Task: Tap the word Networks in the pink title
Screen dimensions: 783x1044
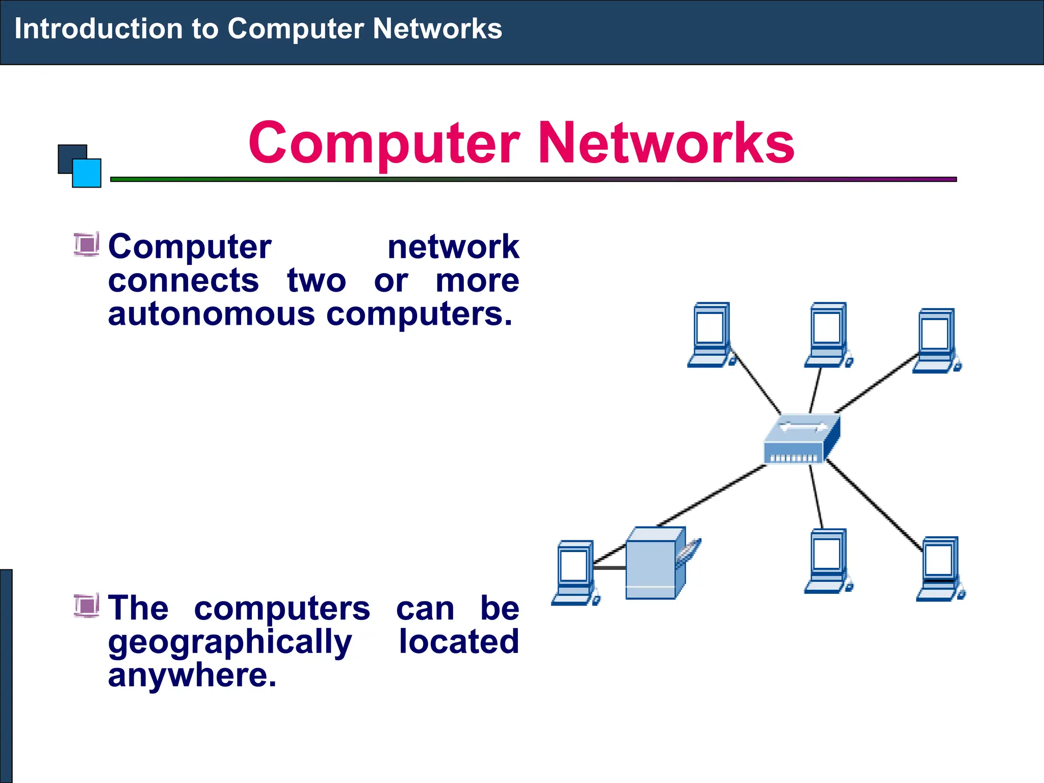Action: (666, 143)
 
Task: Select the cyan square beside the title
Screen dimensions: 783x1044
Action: (87, 173)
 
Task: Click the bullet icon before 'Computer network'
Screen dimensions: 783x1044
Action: (86, 244)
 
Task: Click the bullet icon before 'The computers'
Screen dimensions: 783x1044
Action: (86, 605)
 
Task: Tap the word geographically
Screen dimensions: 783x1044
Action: (229, 642)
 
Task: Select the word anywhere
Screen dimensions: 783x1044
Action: (192, 675)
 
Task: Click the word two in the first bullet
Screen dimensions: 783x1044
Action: (316, 280)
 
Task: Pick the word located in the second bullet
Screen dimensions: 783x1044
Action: (458, 641)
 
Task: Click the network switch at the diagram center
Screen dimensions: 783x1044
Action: (801, 439)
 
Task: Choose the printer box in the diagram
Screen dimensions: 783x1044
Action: (656, 564)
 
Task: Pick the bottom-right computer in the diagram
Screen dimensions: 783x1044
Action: (940, 568)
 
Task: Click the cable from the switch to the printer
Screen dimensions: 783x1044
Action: (714, 494)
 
